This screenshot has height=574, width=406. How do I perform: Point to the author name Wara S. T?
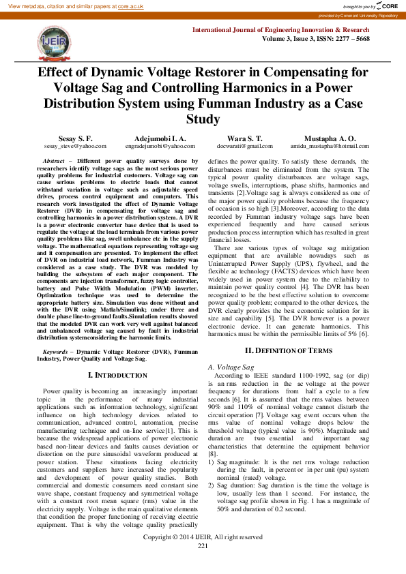pyautogui.click(x=245, y=138)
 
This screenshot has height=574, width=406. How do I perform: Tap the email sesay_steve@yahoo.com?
pyautogui.click(x=71, y=146)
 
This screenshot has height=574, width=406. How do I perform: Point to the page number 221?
pyautogui.click(x=203, y=546)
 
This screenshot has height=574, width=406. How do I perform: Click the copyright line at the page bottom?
pyautogui.click(x=203, y=537)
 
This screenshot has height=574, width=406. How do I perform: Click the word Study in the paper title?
pyautogui.click(x=203, y=120)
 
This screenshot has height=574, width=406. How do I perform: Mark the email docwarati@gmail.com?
pyautogui.click(x=245, y=146)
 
